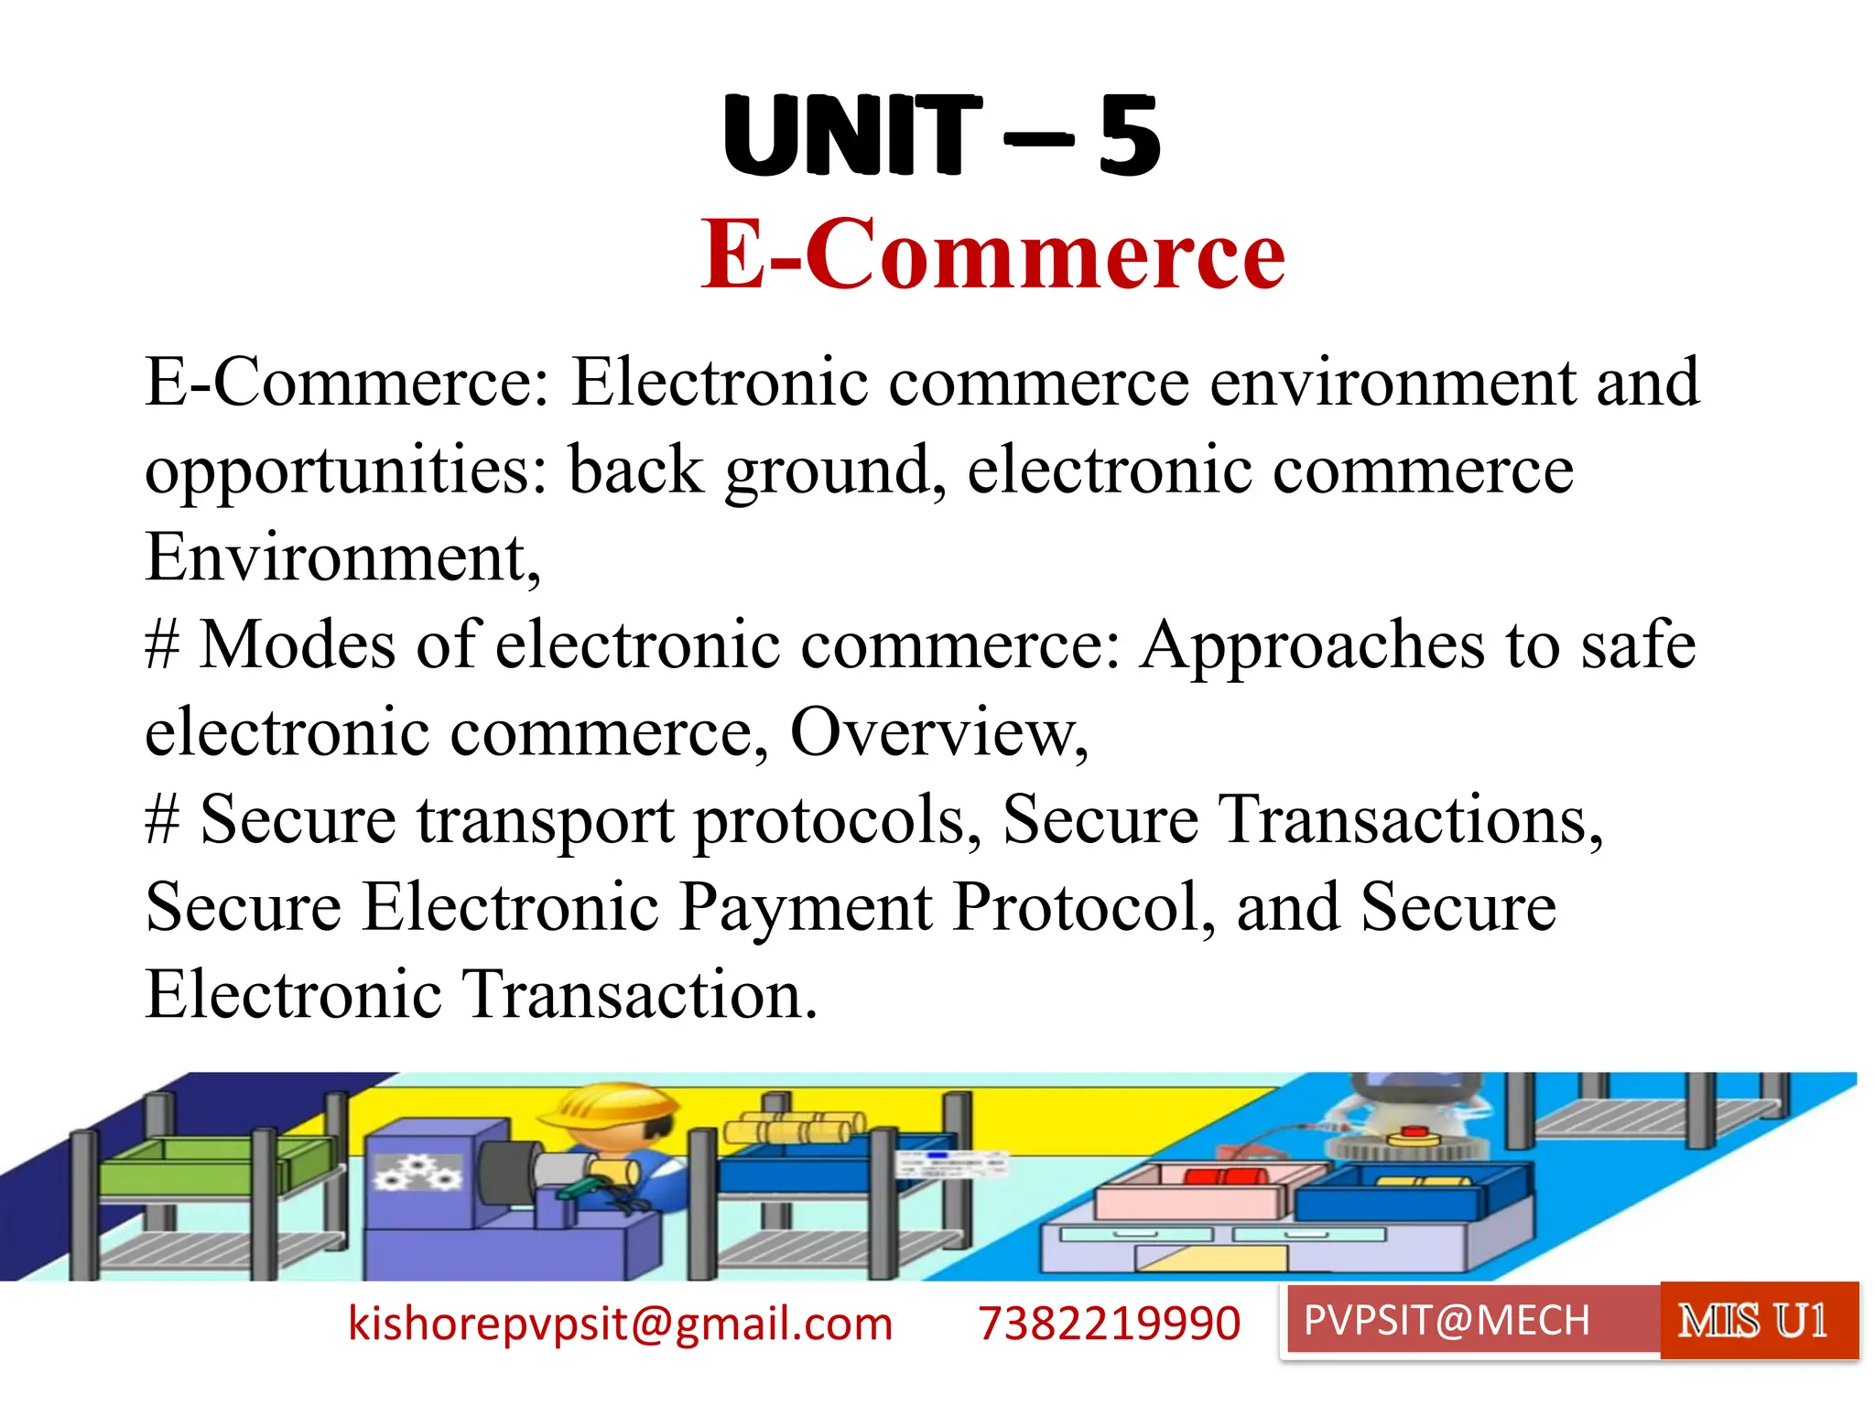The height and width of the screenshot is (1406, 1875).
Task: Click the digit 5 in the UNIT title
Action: tap(1130, 137)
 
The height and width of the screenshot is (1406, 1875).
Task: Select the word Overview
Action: tap(938, 732)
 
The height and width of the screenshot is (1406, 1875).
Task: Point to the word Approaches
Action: tap(1311, 645)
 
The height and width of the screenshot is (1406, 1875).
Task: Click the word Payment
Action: tap(805, 907)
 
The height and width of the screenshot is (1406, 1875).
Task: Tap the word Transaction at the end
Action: tap(638, 995)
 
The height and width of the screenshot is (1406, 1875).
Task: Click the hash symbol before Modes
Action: tap(162, 645)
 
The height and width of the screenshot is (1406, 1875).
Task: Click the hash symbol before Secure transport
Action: tap(162, 821)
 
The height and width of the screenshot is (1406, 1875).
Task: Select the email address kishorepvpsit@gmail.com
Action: tap(620, 1324)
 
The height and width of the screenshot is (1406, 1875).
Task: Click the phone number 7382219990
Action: tap(1109, 1324)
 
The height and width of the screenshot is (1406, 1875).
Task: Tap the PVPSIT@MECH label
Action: tap(1447, 1321)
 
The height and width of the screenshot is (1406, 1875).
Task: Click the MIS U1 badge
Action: tap(1752, 1321)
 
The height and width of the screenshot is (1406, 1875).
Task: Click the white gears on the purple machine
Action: tap(417, 1173)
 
